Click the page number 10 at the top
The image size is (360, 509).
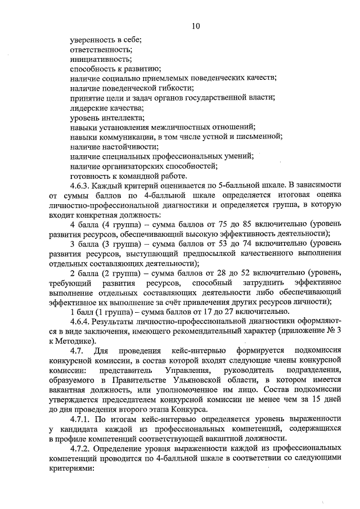point(195,26)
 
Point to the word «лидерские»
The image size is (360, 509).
point(88,107)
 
